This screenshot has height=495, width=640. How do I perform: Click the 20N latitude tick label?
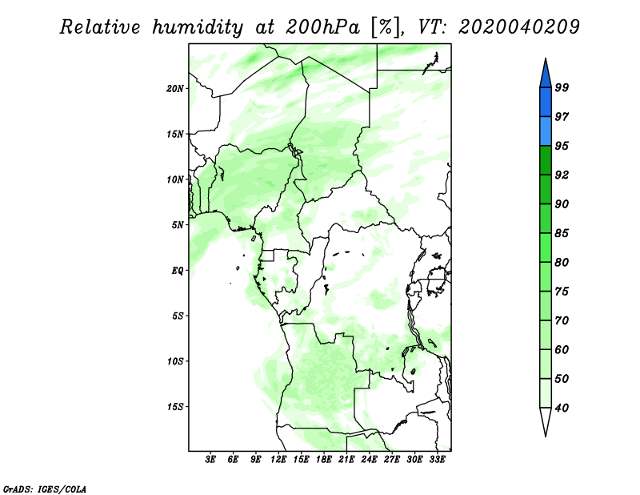[x=174, y=88]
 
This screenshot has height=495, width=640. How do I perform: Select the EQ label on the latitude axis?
[x=178, y=271]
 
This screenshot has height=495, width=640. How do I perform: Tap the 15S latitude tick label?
[x=174, y=407]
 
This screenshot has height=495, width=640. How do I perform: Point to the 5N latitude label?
[x=178, y=225]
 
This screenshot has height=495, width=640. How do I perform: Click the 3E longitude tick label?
[x=210, y=460]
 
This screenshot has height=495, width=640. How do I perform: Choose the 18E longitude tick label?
[x=324, y=460]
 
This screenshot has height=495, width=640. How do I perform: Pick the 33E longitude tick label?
[x=437, y=460]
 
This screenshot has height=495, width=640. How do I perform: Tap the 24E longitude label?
[x=369, y=460]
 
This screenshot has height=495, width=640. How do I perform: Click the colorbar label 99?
[x=562, y=87]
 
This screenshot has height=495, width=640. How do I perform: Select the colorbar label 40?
[x=562, y=408]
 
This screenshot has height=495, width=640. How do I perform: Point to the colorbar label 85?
[x=562, y=233]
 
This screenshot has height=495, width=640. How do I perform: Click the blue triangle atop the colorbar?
[x=546, y=74]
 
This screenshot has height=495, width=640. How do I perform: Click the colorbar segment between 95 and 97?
[x=546, y=131]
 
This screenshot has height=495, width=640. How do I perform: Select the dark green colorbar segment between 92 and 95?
[x=546, y=160]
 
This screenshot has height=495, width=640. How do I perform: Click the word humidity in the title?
[x=198, y=28]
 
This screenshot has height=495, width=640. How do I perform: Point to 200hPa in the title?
[x=323, y=27]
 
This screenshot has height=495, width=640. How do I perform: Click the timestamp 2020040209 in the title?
[x=518, y=27]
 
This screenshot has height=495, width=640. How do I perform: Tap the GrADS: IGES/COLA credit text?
[x=45, y=489]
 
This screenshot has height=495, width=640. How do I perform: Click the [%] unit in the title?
[x=386, y=27]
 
